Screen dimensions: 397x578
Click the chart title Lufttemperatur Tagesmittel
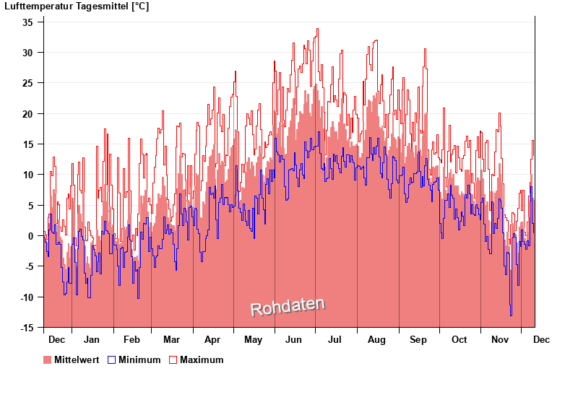[77, 6]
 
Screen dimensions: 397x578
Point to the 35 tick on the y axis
[27, 22]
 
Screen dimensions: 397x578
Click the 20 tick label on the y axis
[27, 114]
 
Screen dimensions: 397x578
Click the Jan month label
[92, 339]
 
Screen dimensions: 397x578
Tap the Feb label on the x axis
[131, 339]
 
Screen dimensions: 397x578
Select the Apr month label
[212, 339]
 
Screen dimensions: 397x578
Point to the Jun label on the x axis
[293, 339]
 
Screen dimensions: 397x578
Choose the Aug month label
[376, 339]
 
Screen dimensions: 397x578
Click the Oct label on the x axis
[459, 339]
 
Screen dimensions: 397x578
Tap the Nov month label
[500, 339]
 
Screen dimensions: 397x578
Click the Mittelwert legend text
[77, 359]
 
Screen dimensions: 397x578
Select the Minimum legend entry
[139, 359]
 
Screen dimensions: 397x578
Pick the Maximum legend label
[201, 359]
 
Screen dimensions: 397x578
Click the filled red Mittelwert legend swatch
[48, 359]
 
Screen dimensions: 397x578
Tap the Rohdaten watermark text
[288, 307]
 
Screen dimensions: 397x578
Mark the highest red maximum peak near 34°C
[316, 30]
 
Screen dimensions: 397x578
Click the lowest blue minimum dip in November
[511, 315]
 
